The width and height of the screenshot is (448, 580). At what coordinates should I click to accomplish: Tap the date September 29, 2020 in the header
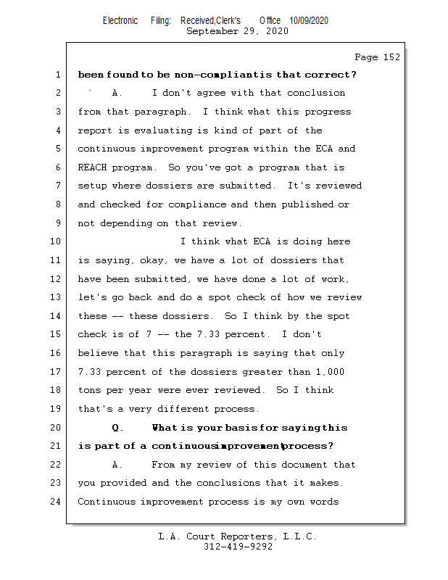237,31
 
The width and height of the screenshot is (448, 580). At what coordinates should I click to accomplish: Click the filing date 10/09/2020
309,21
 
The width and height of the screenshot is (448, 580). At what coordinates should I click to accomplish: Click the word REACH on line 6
93,167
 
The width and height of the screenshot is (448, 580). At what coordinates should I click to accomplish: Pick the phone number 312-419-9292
238,547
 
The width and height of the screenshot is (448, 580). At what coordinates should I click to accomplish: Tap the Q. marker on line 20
117,428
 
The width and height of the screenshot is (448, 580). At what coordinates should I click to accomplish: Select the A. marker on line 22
117,465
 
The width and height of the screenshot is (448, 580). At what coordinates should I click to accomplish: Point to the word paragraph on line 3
161,112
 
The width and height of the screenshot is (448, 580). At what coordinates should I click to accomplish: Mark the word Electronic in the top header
120,21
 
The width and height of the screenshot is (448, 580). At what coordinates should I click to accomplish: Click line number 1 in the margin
57,75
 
